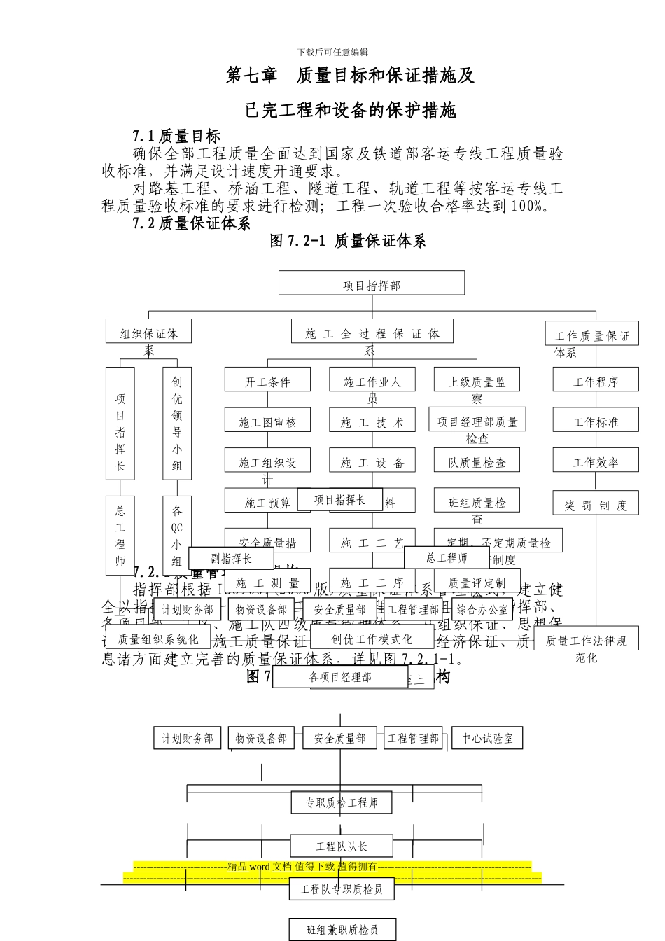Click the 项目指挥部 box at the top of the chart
pos(372,284)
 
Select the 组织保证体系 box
pos(148,332)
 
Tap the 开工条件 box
pos(267,381)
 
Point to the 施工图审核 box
pos(267,421)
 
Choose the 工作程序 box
pos(596,381)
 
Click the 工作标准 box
pos(596,421)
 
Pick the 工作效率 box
pos(596,461)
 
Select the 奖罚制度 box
pos(596,504)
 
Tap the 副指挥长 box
pos(231,558)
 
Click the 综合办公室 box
pos(482,609)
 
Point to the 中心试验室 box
pos(487,738)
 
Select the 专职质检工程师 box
pos(341,802)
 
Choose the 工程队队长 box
pos(341,846)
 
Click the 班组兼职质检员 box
pos(342,930)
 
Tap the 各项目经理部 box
pos(340,677)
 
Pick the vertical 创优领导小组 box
pos(177,423)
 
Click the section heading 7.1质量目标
pos(176,136)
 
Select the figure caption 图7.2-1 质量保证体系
pos(348,241)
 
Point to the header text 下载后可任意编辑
pos(332,52)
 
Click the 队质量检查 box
pos(477,461)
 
